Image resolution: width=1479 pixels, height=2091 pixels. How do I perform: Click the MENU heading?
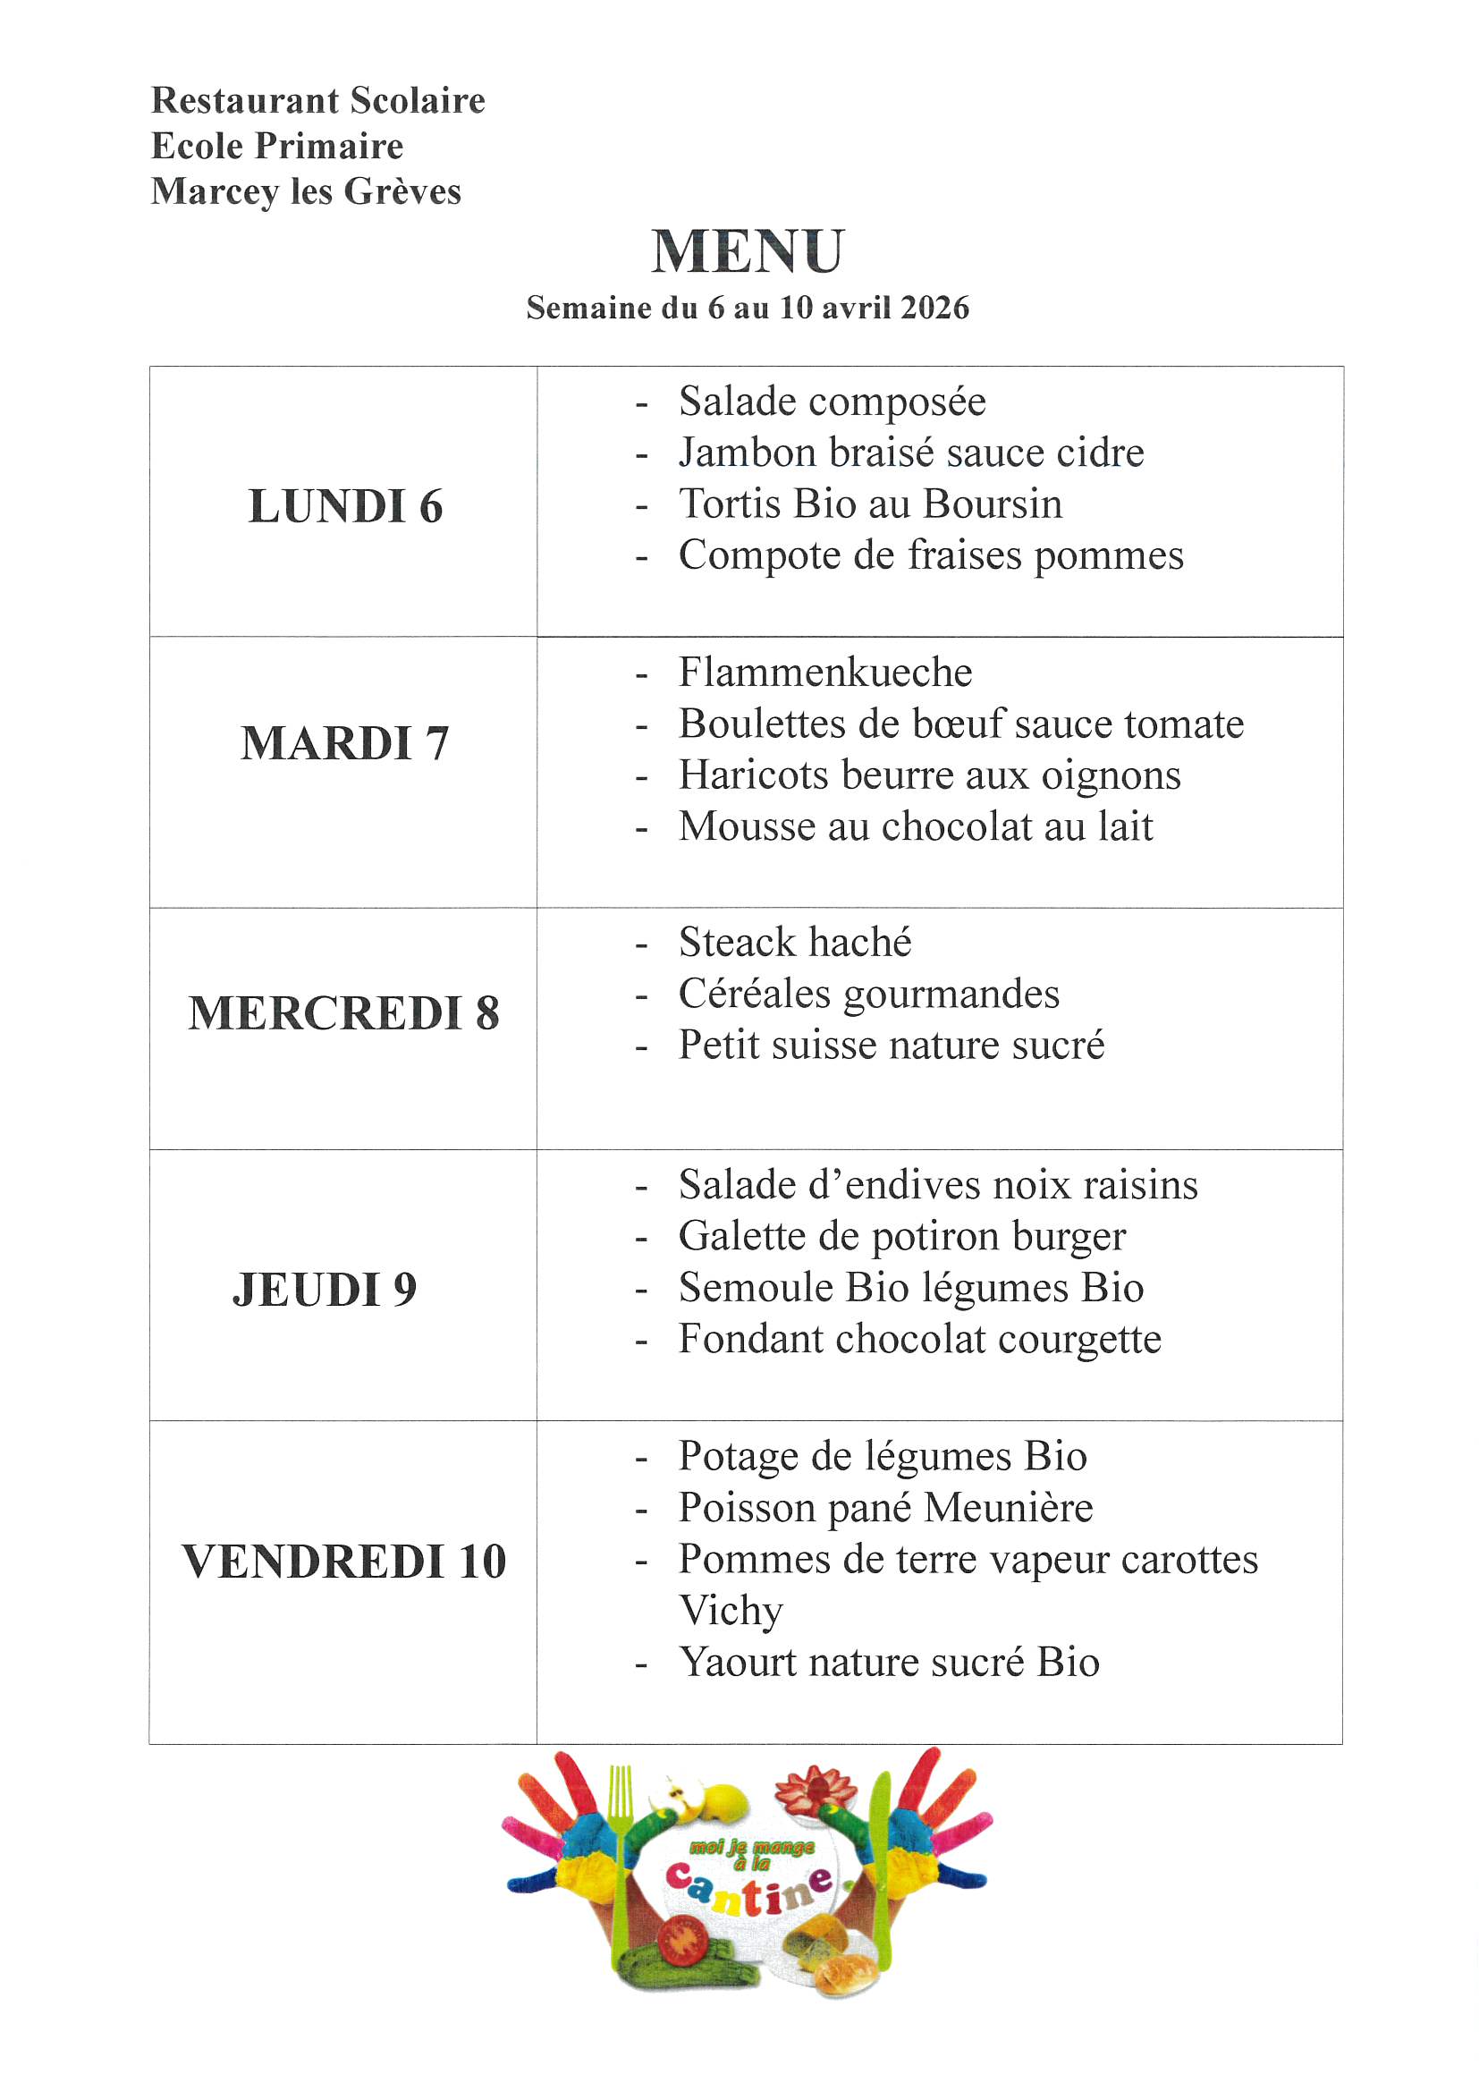[748, 251]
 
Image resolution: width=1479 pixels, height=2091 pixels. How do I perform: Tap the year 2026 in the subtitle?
[934, 308]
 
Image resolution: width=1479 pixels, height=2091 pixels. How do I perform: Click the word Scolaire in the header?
[417, 100]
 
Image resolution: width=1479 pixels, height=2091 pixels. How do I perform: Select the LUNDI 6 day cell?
[345, 506]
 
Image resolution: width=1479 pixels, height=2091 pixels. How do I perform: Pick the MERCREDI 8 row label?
[344, 1012]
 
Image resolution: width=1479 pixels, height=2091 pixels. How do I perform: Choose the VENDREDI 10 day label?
[344, 1561]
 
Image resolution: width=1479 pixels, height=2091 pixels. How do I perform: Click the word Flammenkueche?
[825, 673]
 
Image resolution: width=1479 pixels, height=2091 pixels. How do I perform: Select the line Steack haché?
[794, 942]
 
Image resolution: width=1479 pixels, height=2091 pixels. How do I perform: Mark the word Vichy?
[731, 1610]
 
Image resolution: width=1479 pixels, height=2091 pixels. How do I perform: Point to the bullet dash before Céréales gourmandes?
[642, 995]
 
